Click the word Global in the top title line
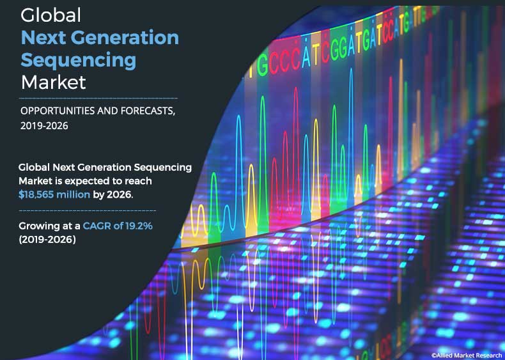pyautogui.click(x=50, y=14)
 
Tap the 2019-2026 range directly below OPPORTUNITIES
pyautogui.click(x=44, y=126)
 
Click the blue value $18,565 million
pyautogui.click(x=54, y=194)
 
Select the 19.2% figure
pyautogui.click(x=140, y=226)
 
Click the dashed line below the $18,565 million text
pyautogui.click(x=88, y=210)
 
